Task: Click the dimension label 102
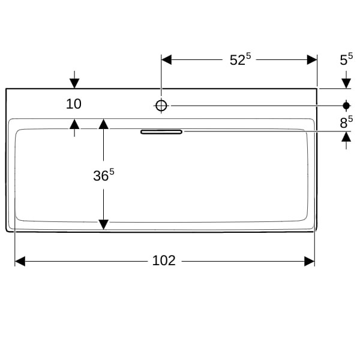164,260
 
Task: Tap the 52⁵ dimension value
241,59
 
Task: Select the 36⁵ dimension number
104,175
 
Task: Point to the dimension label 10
73,104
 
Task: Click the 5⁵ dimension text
346,59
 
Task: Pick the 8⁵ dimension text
346,122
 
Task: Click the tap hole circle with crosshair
161,106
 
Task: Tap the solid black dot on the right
346,106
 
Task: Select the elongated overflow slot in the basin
161,132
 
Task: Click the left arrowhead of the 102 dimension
20,261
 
